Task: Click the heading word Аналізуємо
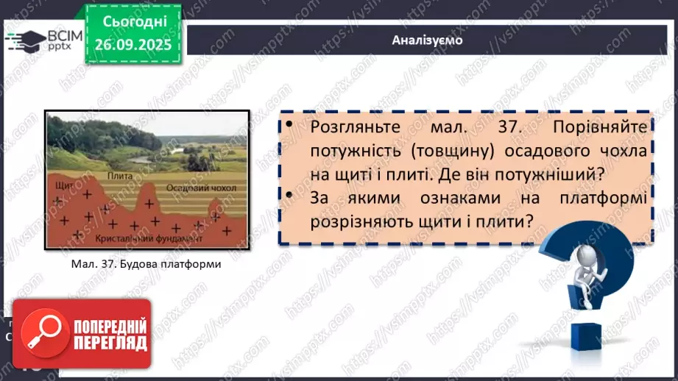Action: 428,40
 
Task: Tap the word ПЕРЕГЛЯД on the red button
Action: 110,342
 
